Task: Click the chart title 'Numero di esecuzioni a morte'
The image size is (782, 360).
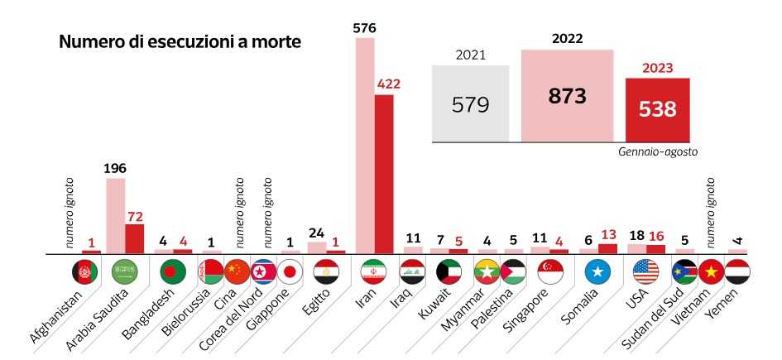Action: point(180,41)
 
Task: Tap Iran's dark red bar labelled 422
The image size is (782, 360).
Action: point(384,174)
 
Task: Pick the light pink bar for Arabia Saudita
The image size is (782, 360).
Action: point(116,215)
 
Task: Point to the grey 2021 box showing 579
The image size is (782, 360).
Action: point(471,104)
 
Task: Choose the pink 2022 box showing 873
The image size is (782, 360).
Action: point(567,95)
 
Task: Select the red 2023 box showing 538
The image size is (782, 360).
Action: point(657,108)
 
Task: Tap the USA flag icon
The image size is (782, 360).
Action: point(645,271)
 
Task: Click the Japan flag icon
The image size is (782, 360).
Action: point(289,271)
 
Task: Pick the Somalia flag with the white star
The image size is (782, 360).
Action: point(597,271)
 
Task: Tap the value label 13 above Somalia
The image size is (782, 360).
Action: point(607,235)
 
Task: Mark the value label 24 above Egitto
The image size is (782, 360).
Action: point(316,233)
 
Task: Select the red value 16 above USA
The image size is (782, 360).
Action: point(655,236)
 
